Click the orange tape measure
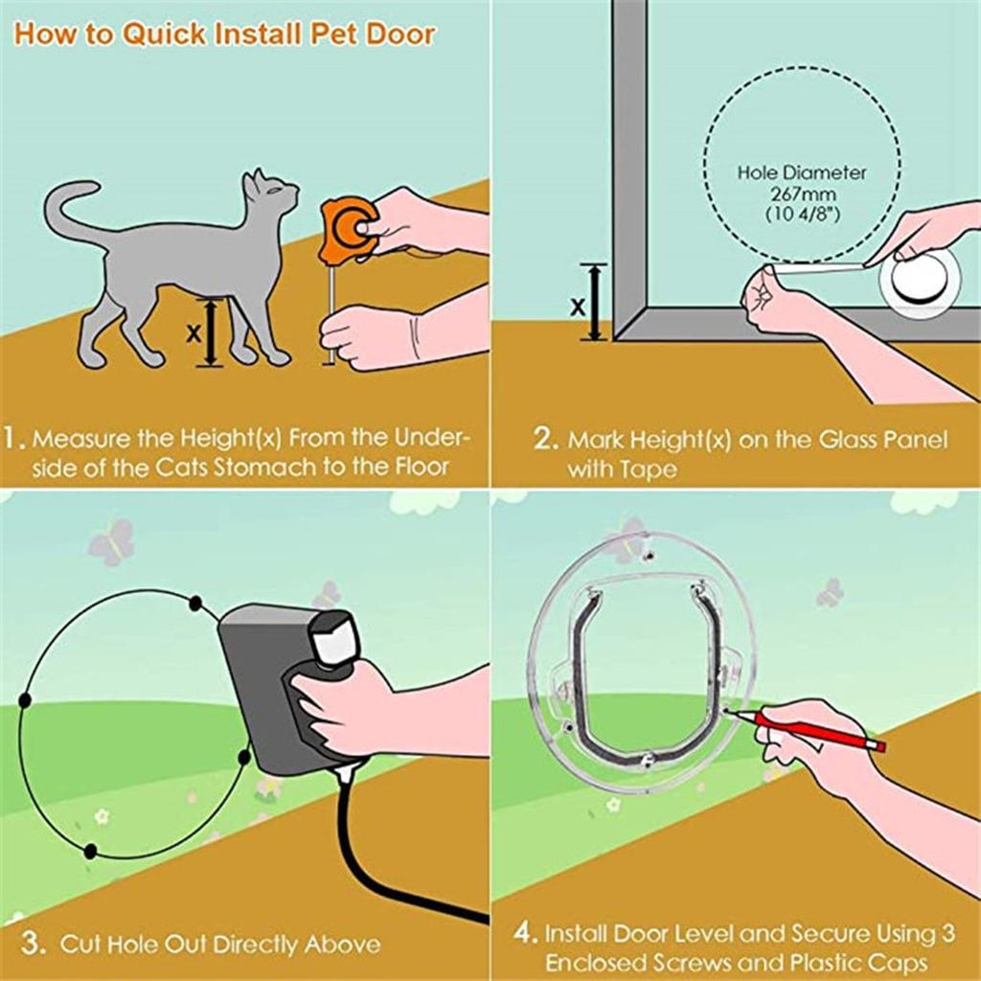345,230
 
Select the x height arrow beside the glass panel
596,302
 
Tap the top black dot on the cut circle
195,603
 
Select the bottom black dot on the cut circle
90,851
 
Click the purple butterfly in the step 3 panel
111,542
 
